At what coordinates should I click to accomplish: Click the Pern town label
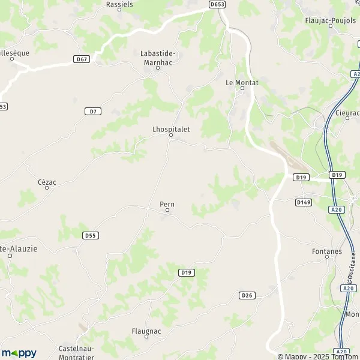pos(167,204)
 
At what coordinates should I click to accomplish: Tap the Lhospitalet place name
pos(171,128)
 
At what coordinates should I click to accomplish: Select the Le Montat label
pos(242,82)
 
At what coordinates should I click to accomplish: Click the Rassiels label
pos(119,4)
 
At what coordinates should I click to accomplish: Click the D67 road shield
pos(82,59)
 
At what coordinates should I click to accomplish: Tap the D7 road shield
pos(92,111)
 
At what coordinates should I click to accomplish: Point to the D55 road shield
pos(91,236)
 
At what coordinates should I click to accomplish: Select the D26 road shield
pos(247,295)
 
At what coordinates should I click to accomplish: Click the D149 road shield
pos(303,203)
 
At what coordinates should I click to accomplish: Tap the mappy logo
pos(19,352)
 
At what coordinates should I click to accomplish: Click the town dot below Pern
pos(167,211)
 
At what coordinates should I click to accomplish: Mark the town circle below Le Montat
pos(242,89)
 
